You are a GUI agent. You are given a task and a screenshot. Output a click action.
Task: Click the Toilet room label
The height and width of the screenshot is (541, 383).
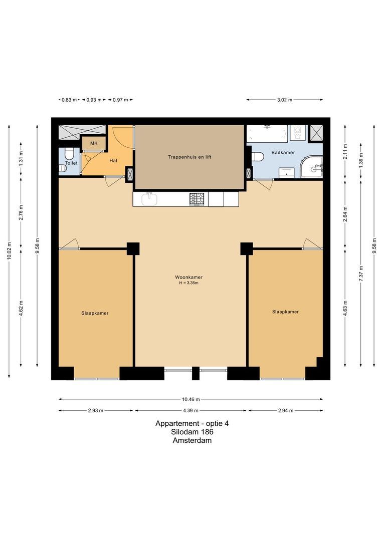(x=71, y=163)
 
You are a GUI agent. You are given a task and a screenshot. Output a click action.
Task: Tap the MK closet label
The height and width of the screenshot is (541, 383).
(x=94, y=144)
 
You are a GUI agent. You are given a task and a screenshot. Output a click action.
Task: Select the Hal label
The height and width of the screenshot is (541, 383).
(x=113, y=161)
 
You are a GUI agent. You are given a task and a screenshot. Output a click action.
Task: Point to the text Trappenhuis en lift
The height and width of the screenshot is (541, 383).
(x=189, y=157)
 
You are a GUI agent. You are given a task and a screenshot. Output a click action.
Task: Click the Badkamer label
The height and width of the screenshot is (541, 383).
(x=283, y=152)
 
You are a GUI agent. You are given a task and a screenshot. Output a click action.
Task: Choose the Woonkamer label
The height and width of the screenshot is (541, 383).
(x=188, y=277)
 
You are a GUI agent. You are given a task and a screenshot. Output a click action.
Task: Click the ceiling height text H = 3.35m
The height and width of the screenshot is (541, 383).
(x=188, y=283)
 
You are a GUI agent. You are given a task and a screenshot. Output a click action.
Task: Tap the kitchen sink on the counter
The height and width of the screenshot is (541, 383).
(x=149, y=199)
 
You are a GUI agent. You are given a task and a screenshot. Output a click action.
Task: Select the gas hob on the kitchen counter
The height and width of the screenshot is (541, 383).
(x=198, y=199)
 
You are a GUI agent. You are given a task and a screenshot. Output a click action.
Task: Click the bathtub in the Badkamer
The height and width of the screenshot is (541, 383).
(x=267, y=134)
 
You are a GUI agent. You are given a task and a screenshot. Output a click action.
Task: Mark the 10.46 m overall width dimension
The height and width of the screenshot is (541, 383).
(x=191, y=399)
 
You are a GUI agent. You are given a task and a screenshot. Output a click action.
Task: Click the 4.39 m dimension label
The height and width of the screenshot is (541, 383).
(x=191, y=411)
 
